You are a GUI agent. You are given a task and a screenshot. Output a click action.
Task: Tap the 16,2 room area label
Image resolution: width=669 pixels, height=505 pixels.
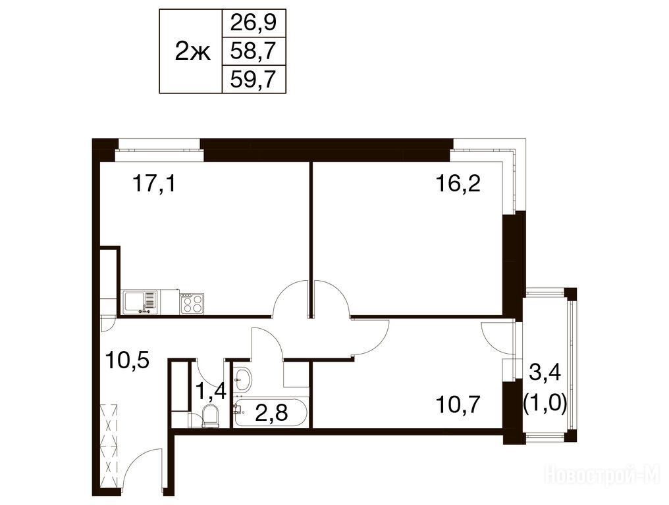click(458, 184)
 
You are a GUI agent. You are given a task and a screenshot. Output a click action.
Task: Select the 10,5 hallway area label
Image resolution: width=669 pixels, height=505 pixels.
click(126, 362)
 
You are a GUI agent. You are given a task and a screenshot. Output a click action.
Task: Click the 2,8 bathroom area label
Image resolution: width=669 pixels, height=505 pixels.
click(271, 412)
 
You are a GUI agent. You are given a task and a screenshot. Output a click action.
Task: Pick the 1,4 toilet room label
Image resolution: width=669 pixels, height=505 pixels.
click(210, 391)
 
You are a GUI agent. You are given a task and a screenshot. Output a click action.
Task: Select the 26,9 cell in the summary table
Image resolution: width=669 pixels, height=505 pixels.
click(254, 23)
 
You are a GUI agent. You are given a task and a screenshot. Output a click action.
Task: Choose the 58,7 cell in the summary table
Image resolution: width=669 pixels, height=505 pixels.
click(254, 51)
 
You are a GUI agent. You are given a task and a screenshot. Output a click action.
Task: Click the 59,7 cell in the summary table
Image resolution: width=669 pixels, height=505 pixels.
click(254, 80)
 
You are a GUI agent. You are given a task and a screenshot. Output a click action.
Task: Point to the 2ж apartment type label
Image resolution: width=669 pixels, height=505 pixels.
click(193, 53)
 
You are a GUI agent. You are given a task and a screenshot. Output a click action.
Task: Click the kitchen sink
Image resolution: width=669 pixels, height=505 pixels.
click(140, 302)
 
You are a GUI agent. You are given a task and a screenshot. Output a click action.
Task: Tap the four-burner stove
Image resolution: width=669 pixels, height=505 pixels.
click(192, 303)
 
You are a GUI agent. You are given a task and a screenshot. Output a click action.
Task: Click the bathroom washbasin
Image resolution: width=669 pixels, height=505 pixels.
click(243, 378)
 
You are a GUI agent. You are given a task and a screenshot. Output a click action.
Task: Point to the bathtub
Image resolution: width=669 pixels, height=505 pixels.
click(271, 412)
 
